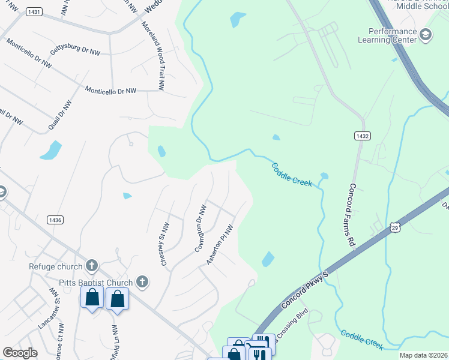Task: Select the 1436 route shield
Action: click(53, 220)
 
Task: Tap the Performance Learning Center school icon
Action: click(426, 35)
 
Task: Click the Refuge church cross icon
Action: click(91, 265)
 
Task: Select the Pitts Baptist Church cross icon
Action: click(142, 281)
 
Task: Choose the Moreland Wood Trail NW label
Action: click(152, 56)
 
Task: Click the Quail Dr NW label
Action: click(59, 114)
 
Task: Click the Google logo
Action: click(20, 353)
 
